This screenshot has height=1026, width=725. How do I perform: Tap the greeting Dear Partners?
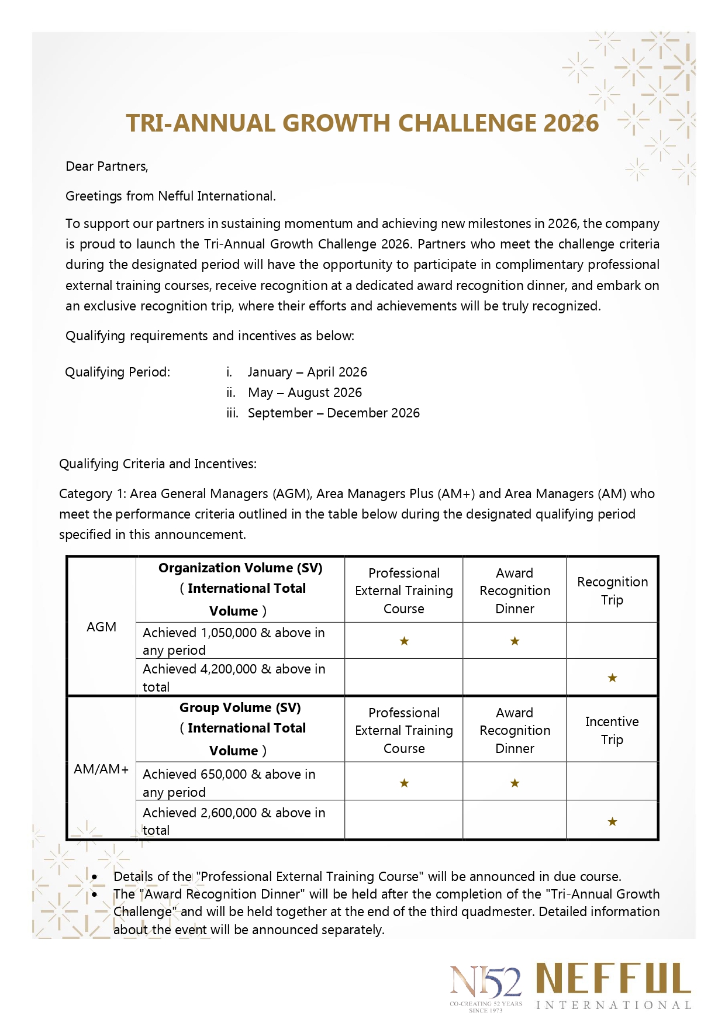click(107, 167)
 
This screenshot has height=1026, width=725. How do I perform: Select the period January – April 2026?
click(308, 372)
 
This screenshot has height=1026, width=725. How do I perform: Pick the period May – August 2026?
click(305, 393)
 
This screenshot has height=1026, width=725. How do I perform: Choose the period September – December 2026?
click(334, 413)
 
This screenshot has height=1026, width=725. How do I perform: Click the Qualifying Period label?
click(118, 372)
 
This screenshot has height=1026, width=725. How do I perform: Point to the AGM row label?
click(102, 627)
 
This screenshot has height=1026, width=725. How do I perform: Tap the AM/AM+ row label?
click(101, 769)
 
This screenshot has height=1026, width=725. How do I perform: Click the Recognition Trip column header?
click(612, 591)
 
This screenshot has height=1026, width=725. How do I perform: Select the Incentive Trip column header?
click(612, 731)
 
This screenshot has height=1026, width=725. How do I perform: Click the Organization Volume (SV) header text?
click(240, 568)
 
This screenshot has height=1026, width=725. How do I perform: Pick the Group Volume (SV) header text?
click(240, 708)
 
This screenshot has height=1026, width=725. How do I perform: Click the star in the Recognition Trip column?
click(612, 678)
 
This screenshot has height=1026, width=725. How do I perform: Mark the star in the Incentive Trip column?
click(612, 822)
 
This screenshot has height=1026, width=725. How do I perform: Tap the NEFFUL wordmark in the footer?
click(613, 979)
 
